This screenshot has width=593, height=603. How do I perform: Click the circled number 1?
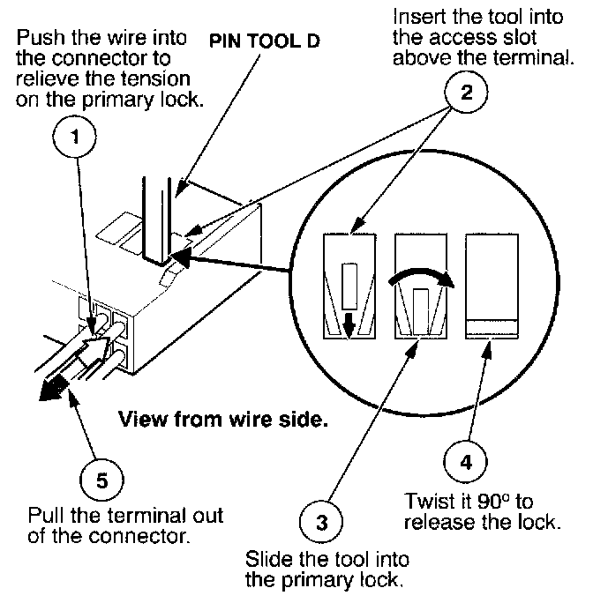click(x=75, y=137)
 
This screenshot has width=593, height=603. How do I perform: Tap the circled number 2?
click(x=466, y=92)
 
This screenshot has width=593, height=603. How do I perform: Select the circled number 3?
click(x=321, y=522)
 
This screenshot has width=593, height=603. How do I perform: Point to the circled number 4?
click(x=466, y=461)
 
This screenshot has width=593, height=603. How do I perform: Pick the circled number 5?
click(x=102, y=480)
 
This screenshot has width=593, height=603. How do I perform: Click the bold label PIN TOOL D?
click(x=265, y=41)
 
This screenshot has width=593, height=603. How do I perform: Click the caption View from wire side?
click(x=223, y=419)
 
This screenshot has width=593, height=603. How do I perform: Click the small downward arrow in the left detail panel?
click(x=349, y=324)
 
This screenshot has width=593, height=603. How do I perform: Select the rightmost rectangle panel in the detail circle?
click(x=492, y=287)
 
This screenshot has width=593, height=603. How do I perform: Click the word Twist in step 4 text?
click(x=427, y=502)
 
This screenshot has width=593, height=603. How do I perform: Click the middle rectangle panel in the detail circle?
click(x=421, y=287)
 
